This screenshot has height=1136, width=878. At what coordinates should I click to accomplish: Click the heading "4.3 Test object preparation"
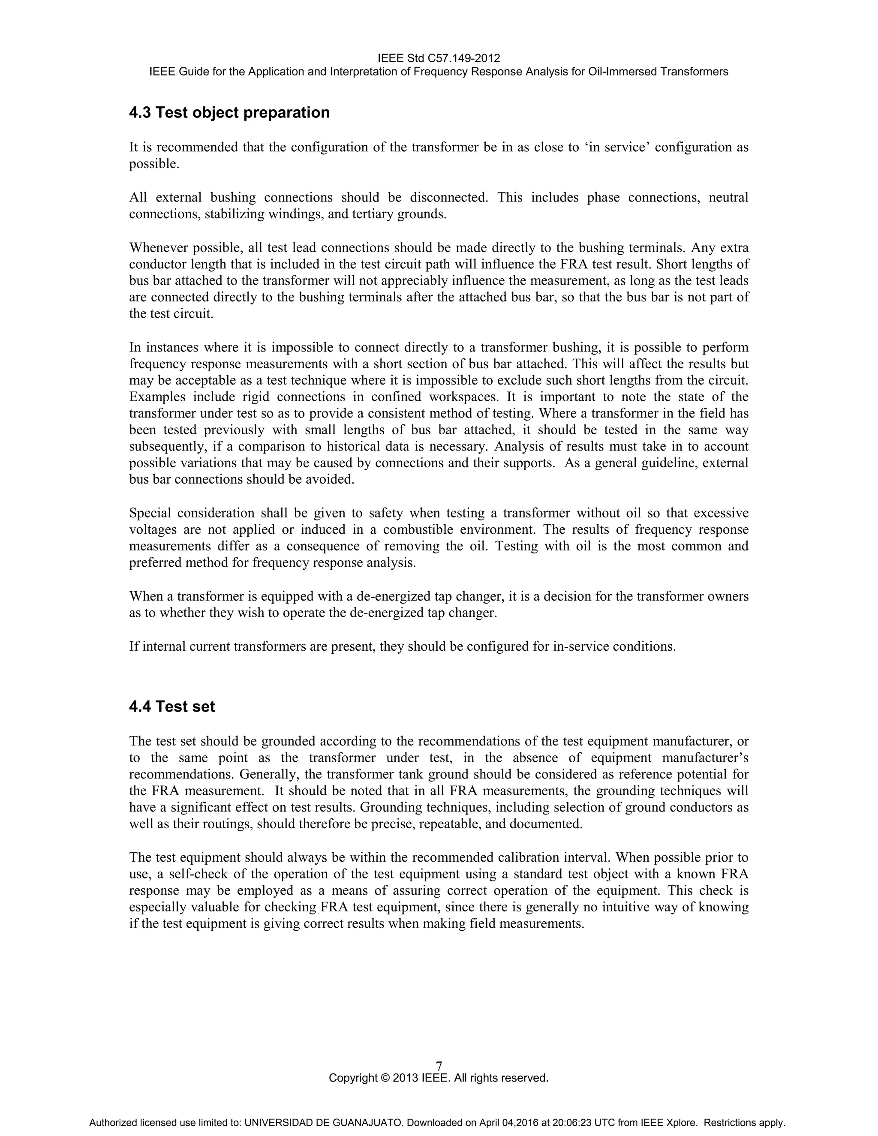[229, 112]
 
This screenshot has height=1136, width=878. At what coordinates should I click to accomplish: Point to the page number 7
[439, 1066]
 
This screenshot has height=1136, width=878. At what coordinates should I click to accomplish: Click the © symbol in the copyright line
[385, 1078]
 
